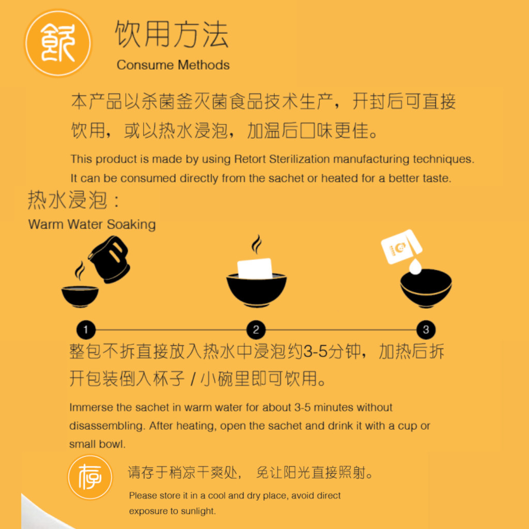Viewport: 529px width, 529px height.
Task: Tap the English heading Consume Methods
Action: pyautogui.click(x=173, y=65)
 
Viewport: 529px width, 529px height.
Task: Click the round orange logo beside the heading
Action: pyautogui.click(x=58, y=43)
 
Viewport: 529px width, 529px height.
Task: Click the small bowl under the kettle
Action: pyautogui.click(x=80, y=297)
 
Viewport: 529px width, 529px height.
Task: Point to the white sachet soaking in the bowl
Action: pyautogui.click(x=255, y=269)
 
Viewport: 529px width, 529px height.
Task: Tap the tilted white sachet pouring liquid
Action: pyautogui.click(x=401, y=246)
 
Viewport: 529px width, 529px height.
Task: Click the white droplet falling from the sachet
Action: pyautogui.click(x=415, y=267)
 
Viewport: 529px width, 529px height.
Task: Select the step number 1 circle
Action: pyautogui.click(x=86, y=330)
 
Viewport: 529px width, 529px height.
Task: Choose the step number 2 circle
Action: pyautogui.click(x=256, y=330)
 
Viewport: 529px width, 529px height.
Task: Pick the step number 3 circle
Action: pyautogui.click(x=426, y=330)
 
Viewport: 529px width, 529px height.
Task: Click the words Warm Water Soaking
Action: pyautogui.click(x=92, y=224)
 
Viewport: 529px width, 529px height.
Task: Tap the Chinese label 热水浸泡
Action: pyautogui.click(x=68, y=200)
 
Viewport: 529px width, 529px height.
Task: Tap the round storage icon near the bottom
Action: pyautogui.click(x=90, y=477)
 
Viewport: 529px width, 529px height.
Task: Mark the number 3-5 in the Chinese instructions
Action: pyautogui.click(x=316, y=351)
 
